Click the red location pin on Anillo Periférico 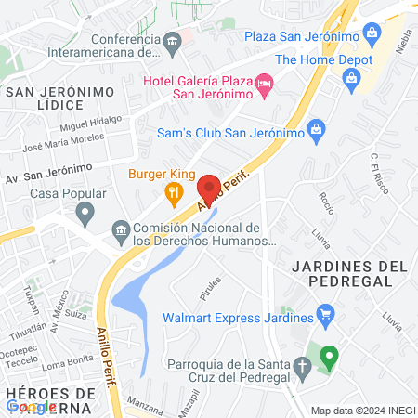pyautogui.click(x=208, y=186)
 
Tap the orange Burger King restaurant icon pyautogui.click(x=173, y=193)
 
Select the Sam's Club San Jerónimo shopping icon pyautogui.click(x=315, y=126)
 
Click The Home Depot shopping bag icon pyautogui.click(x=352, y=77)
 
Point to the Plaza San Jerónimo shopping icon pyautogui.click(x=372, y=34)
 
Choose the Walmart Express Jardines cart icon pyautogui.click(x=325, y=316)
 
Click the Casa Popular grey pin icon pyautogui.click(x=85, y=215)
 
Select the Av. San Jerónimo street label pyautogui.click(x=48, y=174)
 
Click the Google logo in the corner pyautogui.click(x=31, y=407)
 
